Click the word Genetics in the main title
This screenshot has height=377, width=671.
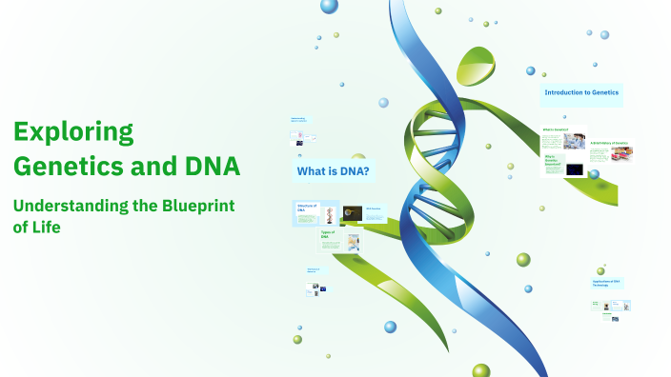70,166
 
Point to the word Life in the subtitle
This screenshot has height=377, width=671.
43,228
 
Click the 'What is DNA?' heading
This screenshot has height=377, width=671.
334,171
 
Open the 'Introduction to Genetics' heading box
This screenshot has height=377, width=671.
581,93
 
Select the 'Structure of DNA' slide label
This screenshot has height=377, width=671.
306,208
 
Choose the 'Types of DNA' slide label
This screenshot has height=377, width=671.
328,233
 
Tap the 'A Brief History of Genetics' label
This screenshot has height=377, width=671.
610,143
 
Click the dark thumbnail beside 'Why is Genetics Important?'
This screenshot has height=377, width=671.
575,169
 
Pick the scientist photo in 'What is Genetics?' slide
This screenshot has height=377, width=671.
574,141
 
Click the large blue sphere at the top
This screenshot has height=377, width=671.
329,7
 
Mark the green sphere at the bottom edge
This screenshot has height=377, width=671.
481,370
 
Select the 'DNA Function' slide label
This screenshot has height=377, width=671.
374,208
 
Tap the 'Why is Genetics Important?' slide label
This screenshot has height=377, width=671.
552,162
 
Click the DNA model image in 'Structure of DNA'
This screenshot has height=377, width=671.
329,214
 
